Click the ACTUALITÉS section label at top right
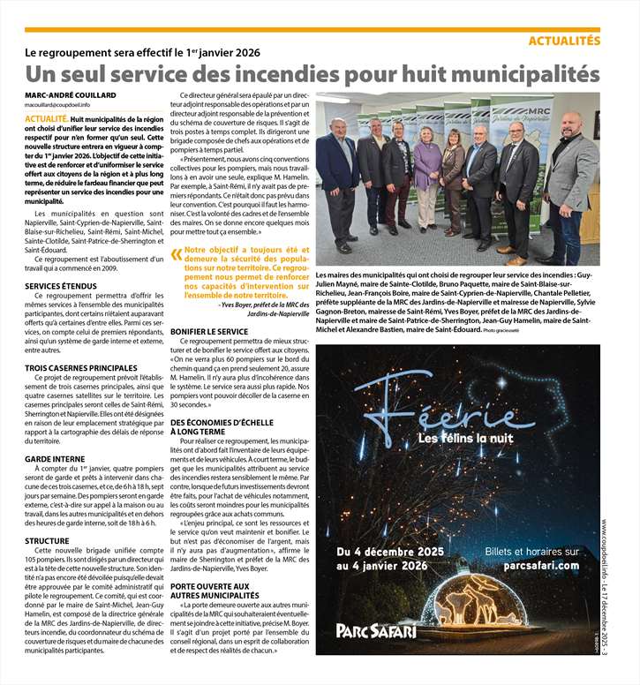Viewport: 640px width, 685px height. tap(563, 41)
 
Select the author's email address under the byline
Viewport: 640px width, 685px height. tap(57, 105)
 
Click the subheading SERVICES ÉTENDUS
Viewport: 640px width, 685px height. tap(61, 287)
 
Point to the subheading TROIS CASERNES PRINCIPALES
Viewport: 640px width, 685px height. tap(81, 367)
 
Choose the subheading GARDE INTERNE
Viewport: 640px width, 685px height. tap(55, 459)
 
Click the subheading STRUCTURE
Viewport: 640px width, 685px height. tap(48, 541)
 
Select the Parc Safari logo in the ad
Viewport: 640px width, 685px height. tap(377, 630)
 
